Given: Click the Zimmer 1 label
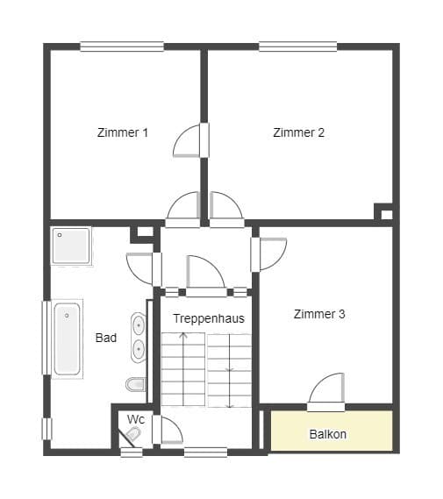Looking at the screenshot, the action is coord(123,132).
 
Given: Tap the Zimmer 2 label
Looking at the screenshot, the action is coord(298,132).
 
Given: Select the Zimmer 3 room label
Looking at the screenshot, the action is coord(319,314).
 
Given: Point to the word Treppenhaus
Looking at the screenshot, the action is coord(209,318).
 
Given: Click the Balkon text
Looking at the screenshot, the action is coord(328,434).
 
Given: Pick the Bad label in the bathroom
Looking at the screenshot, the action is coord(106,338).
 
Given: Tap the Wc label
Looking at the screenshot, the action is coord(136,419).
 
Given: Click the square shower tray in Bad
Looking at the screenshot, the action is coord(71,246).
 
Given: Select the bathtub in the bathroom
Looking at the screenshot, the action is coord(68,339).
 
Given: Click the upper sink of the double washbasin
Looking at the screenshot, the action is coord(139,324).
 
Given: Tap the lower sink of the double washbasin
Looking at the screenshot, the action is coord(139,349).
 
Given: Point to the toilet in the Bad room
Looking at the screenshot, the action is coord(136,384).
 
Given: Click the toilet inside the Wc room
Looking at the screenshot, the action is coord(133,433).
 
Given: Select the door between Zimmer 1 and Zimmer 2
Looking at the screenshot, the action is coord(191,140).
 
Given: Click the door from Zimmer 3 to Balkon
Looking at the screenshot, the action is coord(326,392).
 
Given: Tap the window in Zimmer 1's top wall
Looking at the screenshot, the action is coord(122,46).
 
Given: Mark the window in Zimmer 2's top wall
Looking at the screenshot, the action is coord(298,46).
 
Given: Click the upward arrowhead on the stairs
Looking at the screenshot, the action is coord(183,334).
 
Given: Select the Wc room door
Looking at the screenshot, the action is coord(168,430).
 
